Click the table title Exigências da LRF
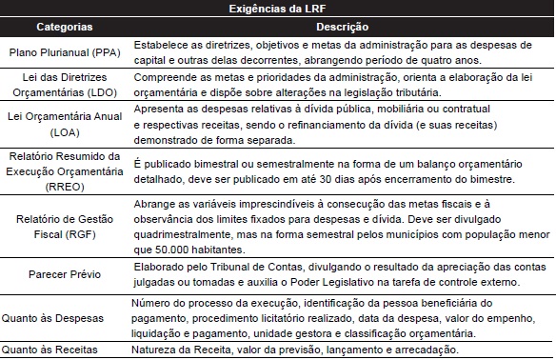(277, 9)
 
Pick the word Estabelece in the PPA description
(158, 46)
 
